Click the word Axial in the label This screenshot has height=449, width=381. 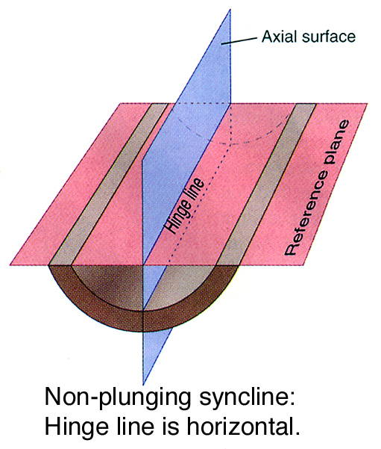(x=279, y=37)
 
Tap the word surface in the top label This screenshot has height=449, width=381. (x=328, y=37)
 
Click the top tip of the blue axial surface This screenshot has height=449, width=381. (x=230, y=10)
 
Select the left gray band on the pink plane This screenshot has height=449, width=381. (x=109, y=184)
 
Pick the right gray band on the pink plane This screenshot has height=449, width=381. (x=266, y=184)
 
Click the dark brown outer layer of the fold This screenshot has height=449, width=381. (x=143, y=321)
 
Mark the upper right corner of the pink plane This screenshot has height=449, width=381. (x=368, y=103)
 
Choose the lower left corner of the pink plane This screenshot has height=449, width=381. (x=10, y=265)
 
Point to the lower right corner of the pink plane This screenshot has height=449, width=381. (x=303, y=265)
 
